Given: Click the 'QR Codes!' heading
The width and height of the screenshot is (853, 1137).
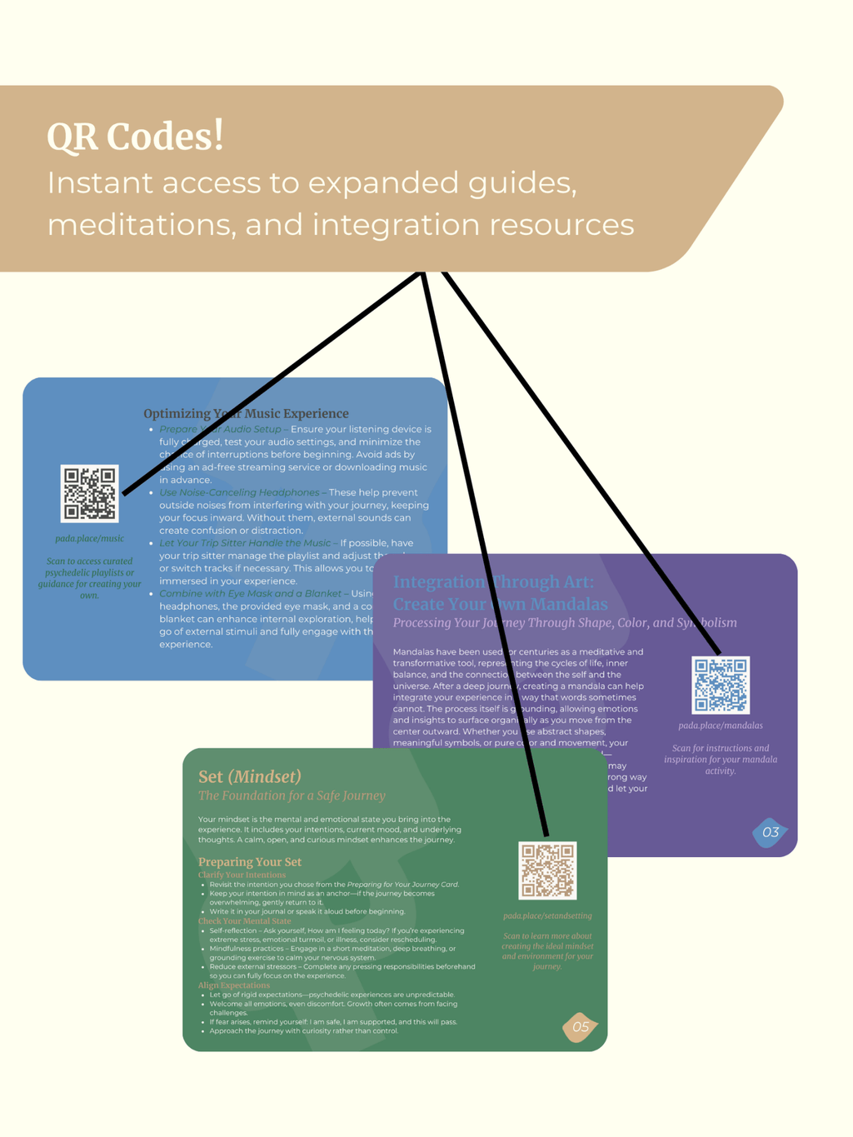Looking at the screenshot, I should click(135, 137).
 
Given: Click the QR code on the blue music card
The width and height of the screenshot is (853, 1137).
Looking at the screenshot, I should click(90, 493).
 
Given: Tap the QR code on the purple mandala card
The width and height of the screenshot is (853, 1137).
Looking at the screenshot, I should click(721, 685).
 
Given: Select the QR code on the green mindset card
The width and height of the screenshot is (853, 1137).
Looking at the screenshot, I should click(547, 870).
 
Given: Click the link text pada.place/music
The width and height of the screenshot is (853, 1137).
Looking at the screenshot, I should click(90, 538).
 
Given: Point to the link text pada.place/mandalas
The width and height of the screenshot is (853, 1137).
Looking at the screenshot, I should click(721, 726).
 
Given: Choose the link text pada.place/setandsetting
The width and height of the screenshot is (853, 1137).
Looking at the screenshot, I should click(547, 915).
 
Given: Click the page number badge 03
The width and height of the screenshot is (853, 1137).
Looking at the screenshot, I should click(770, 832).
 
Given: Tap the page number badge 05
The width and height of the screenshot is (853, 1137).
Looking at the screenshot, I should click(580, 1027).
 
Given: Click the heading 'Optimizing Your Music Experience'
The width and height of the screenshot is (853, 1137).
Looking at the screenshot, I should click(246, 413).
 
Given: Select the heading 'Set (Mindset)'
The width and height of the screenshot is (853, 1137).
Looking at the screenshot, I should click(249, 776).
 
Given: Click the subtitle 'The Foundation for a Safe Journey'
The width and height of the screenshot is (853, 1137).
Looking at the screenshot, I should click(292, 795).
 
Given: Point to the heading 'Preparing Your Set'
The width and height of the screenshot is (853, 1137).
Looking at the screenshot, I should click(250, 861).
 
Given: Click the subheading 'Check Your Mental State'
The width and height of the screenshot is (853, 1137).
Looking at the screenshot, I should click(245, 920).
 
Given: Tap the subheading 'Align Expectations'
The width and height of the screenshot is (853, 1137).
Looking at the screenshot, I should click(234, 985).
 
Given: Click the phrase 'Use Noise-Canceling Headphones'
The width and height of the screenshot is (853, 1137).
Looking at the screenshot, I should click(239, 492).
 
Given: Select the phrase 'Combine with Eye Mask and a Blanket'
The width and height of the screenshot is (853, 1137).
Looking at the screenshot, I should click(250, 593).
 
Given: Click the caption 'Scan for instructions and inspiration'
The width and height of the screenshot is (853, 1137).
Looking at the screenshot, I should click(721, 754).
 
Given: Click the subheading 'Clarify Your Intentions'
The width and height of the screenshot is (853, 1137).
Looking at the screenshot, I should click(242, 875).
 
